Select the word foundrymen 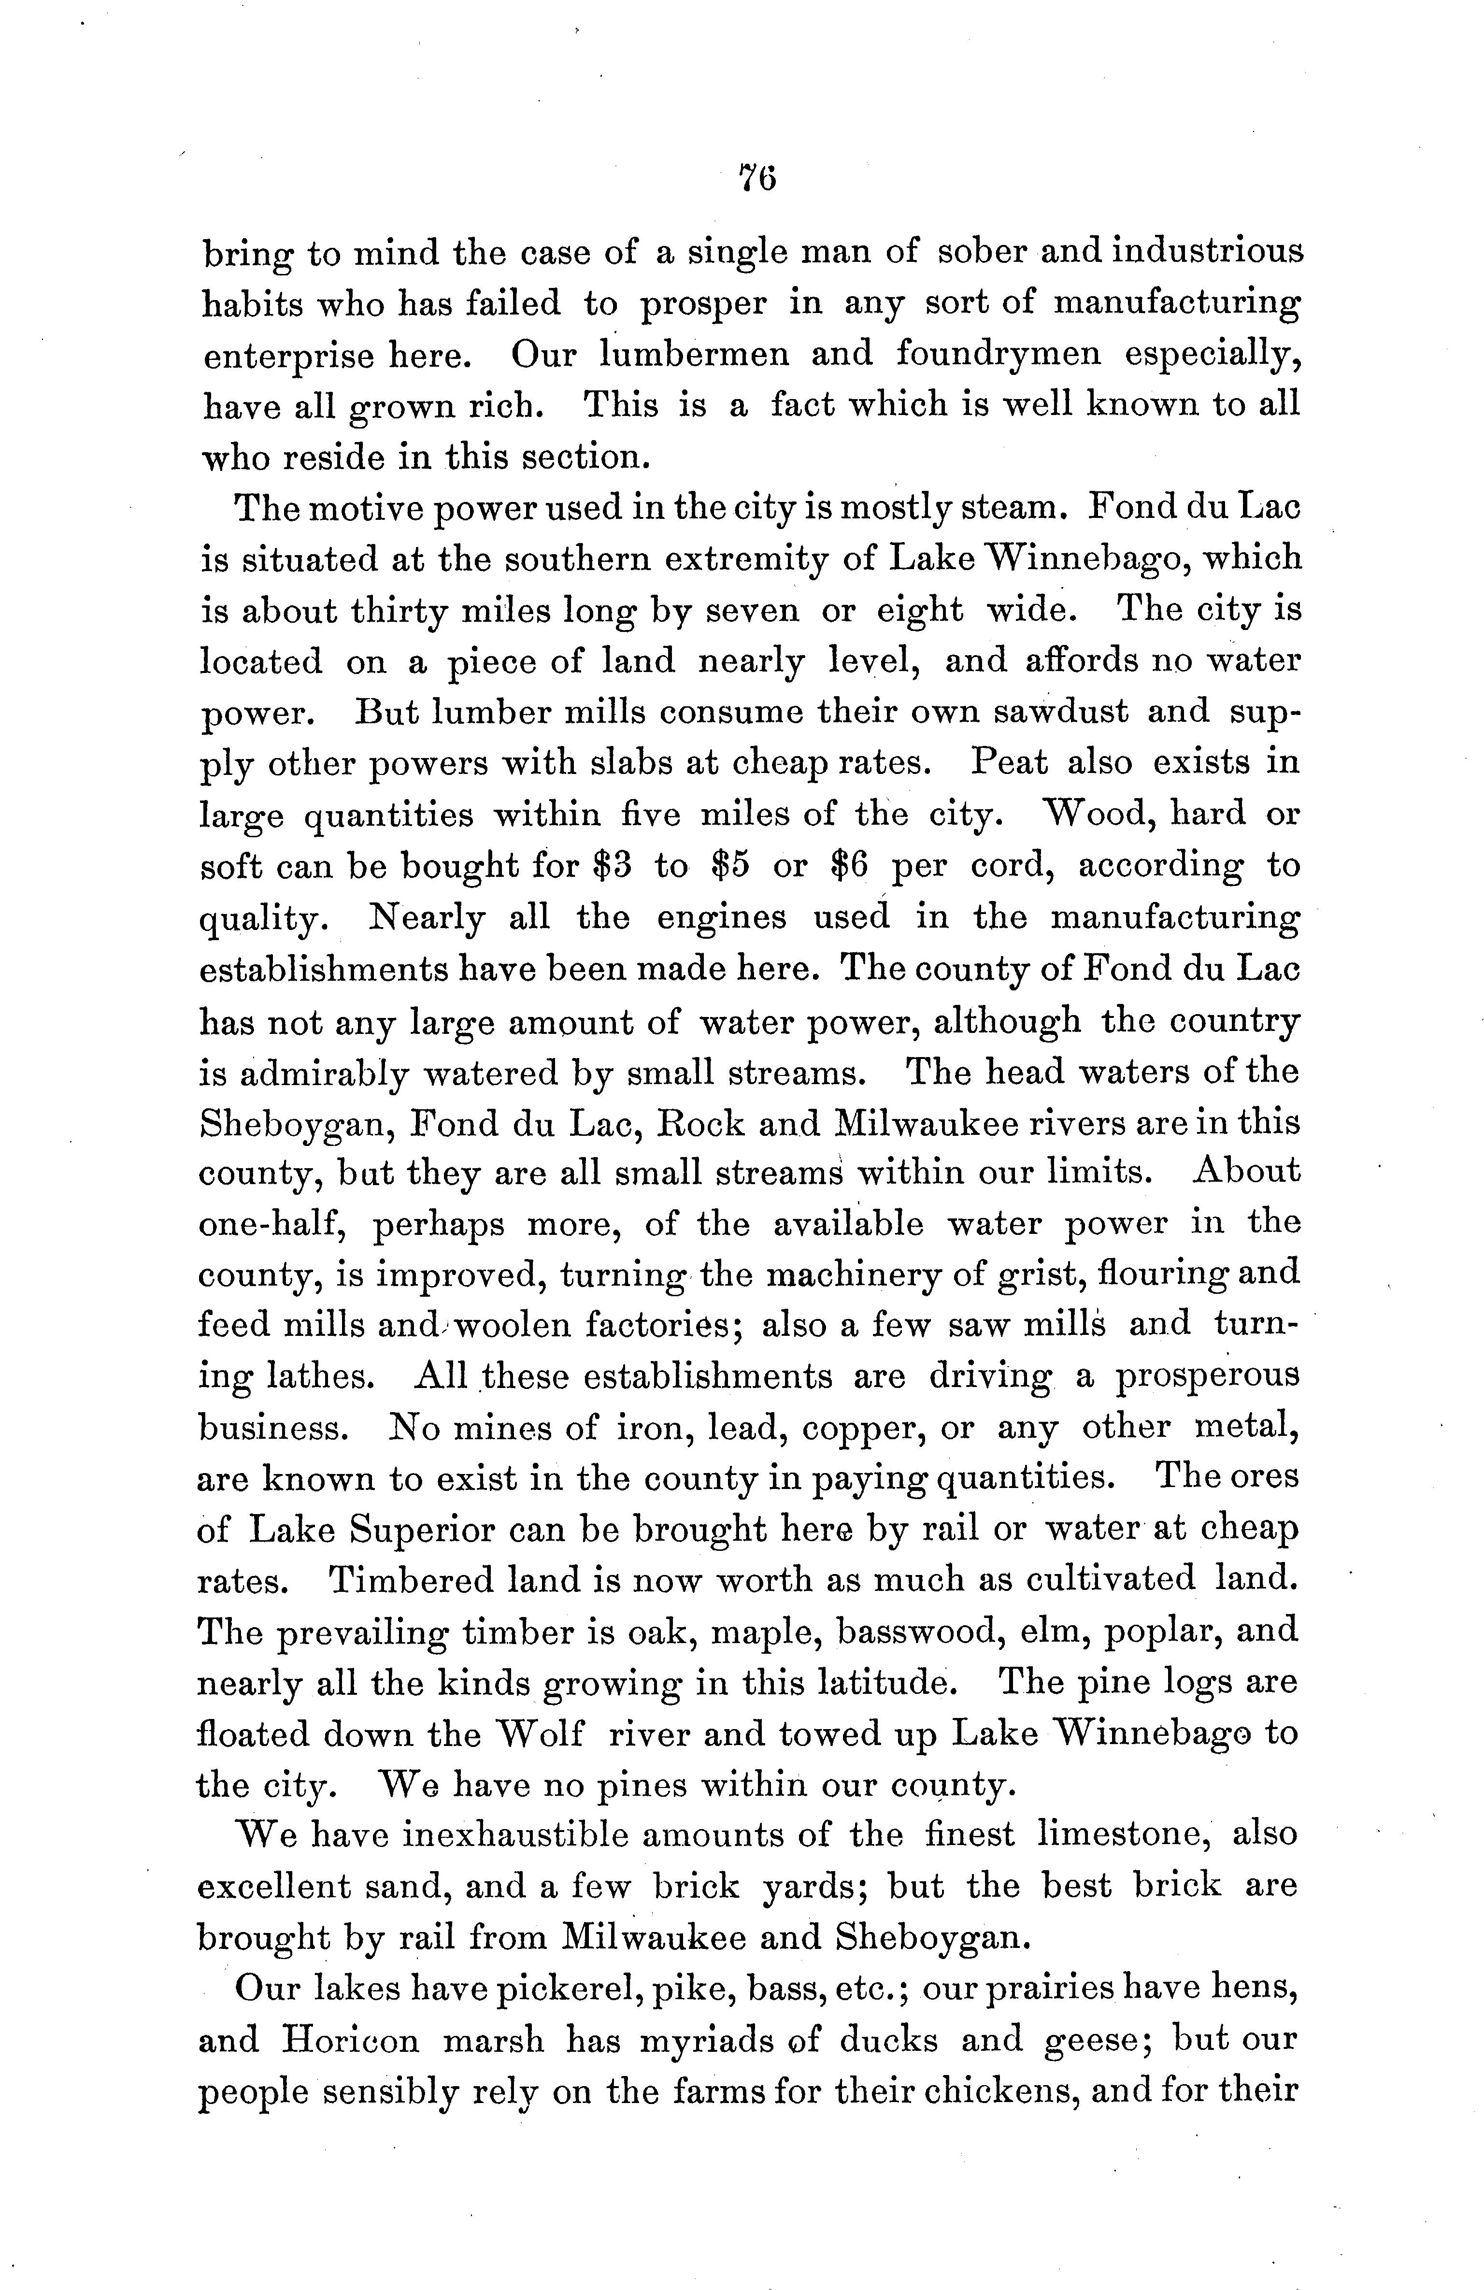pos(998,355)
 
